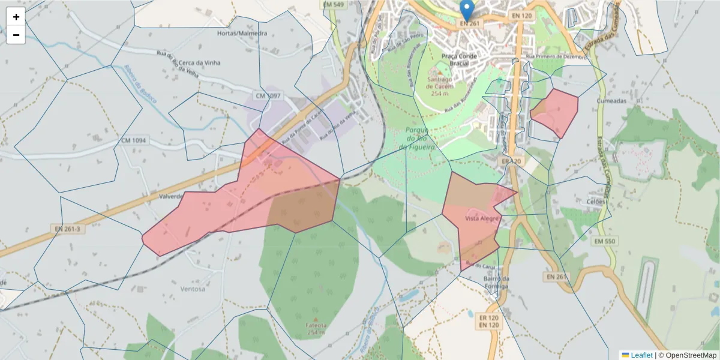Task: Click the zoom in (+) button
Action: point(16,17)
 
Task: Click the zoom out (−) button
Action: point(16,35)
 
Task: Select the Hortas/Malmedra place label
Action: point(242,34)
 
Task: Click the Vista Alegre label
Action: point(482,219)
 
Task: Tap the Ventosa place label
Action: point(193,289)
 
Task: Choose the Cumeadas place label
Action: point(611,101)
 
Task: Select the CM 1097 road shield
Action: point(268,96)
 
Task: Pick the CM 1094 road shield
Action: point(133,141)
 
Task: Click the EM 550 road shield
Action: point(605,241)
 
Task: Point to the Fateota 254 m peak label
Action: point(316,327)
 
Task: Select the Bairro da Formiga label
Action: point(496,283)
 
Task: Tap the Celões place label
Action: point(596,202)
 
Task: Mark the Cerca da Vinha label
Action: point(200,63)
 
